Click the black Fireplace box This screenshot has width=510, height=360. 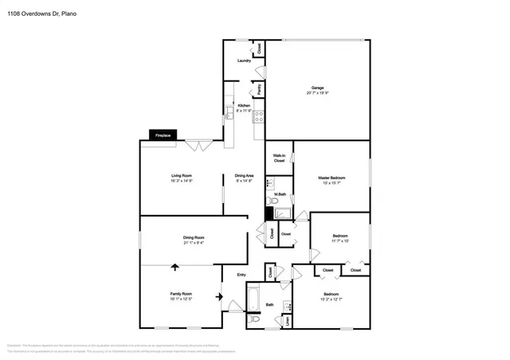(163, 135)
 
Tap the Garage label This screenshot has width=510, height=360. (317, 88)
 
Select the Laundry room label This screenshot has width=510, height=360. (245, 61)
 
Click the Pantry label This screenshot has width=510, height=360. (259, 89)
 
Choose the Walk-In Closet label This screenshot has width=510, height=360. (279, 158)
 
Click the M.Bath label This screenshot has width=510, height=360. (280, 194)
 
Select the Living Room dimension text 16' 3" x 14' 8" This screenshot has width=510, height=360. (182, 181)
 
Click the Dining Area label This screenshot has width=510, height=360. (244, 175)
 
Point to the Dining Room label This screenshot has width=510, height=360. (194, 238)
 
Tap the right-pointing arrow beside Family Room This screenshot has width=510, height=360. (219, 298)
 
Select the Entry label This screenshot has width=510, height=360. (241, 276)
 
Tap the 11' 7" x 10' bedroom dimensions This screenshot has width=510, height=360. (340, 241)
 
